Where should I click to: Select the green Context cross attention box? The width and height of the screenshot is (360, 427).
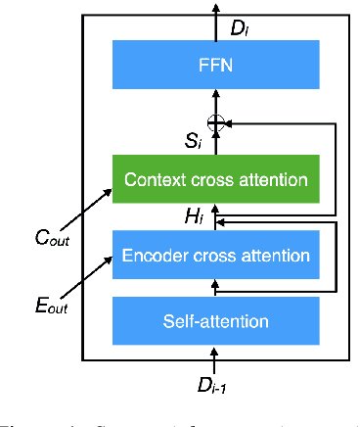point(214,180)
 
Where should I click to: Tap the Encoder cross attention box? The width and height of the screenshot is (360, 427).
point(214,256)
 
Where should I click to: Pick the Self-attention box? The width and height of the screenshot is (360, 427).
point(214,320)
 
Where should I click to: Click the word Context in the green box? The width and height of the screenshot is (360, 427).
point(155,180)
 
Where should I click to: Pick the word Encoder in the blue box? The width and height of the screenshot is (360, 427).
point(156,256)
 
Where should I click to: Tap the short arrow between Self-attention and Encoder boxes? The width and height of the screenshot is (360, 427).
point(216,287)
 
